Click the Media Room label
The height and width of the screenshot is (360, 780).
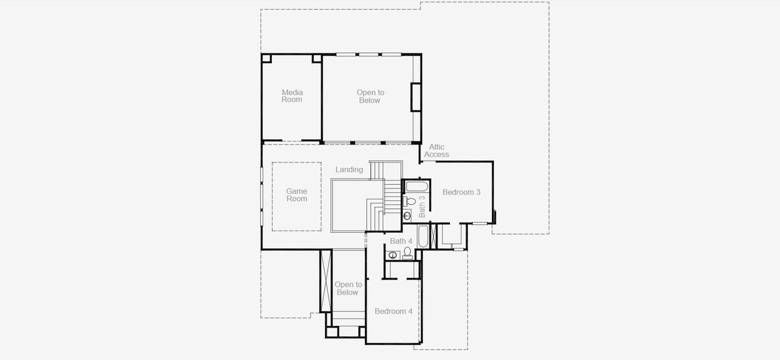coord(292,96)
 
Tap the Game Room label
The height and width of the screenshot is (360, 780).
coord(296,195)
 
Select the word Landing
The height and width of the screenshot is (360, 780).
coord(349,170)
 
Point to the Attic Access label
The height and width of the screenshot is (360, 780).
coord(437,151)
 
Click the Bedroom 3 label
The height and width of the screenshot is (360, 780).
coord(461,193)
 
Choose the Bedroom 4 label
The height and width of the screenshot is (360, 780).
coord(394,311)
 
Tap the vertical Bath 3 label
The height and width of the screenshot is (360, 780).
coord(422,206)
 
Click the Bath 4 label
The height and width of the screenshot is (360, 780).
coord(401,241)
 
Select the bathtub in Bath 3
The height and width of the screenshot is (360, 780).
coord(416,186)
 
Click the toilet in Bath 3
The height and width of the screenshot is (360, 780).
coord(410,202)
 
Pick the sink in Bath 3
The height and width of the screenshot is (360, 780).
coord(407,215)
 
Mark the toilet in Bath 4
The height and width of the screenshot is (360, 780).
coord(407,252)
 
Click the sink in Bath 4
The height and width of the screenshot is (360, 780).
coord(392,255)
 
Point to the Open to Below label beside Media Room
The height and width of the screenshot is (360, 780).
coord(370,97)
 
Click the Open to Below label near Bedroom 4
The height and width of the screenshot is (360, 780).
coord(348,289)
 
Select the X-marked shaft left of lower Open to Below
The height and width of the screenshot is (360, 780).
coord(326,280)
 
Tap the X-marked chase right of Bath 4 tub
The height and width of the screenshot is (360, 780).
coord(434,236)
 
